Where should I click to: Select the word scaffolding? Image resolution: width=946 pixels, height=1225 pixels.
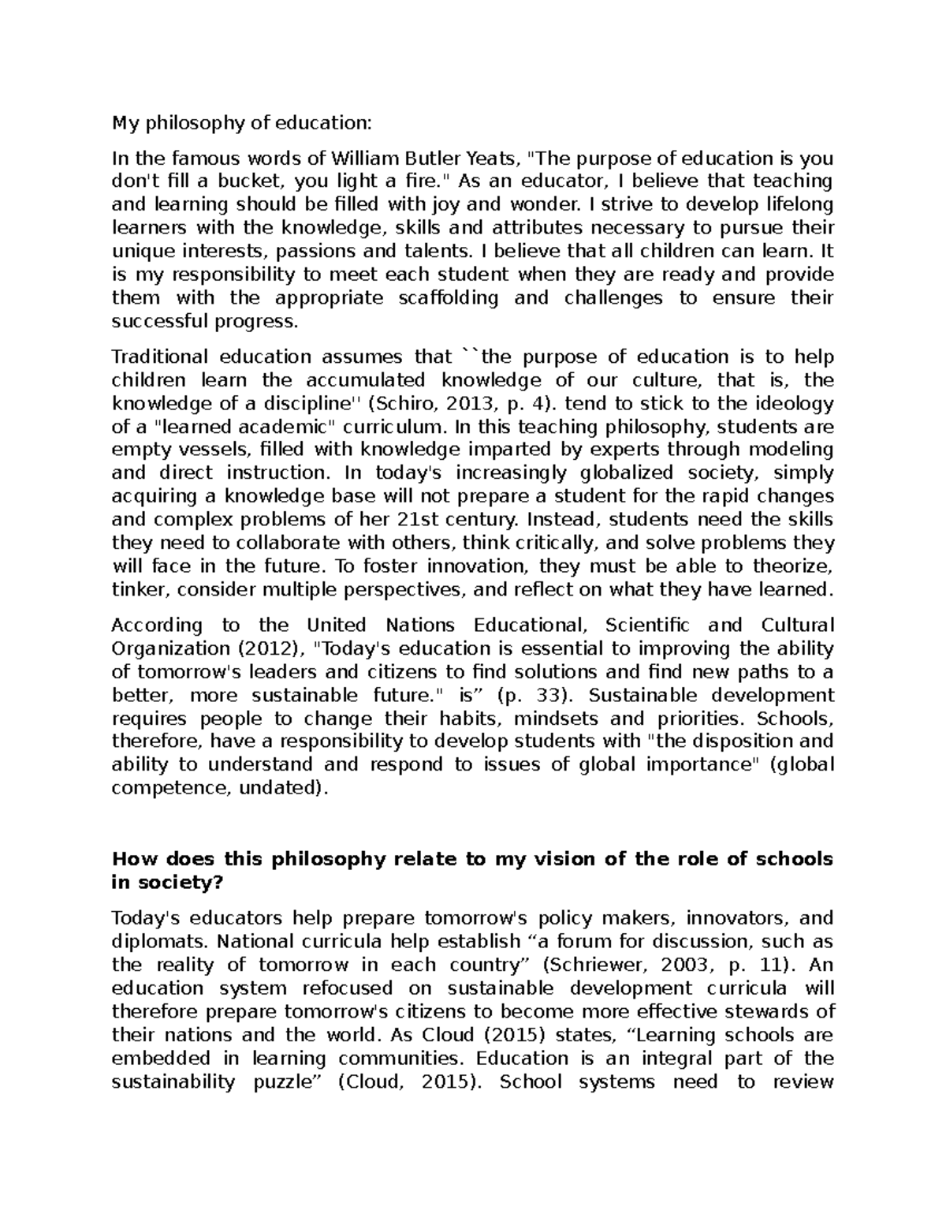tap(449, 297)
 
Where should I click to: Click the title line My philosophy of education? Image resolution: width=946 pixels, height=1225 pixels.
tap(240, 123)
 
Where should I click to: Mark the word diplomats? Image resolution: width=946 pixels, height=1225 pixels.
tap(160, 941)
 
